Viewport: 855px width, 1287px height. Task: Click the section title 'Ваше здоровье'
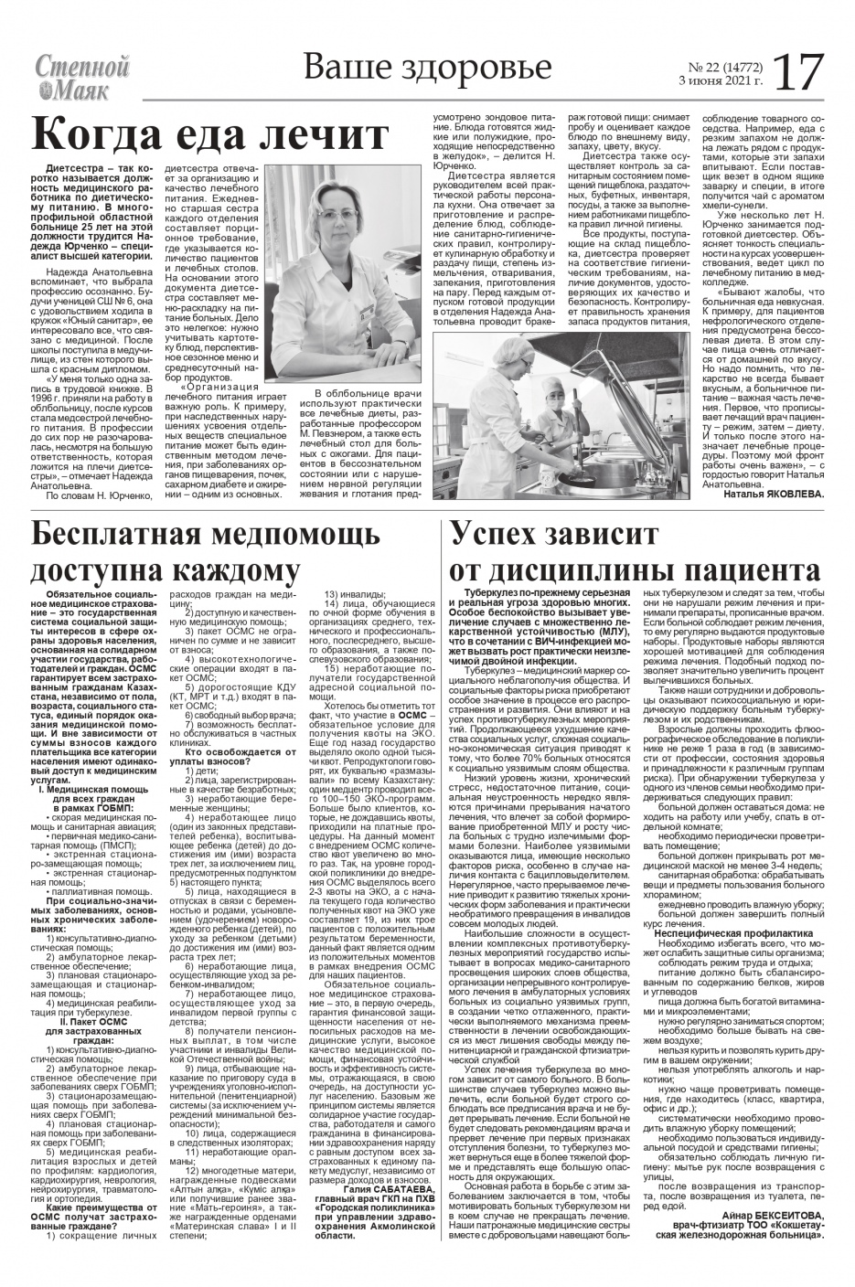pyautogui.click(x=427, y=69)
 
